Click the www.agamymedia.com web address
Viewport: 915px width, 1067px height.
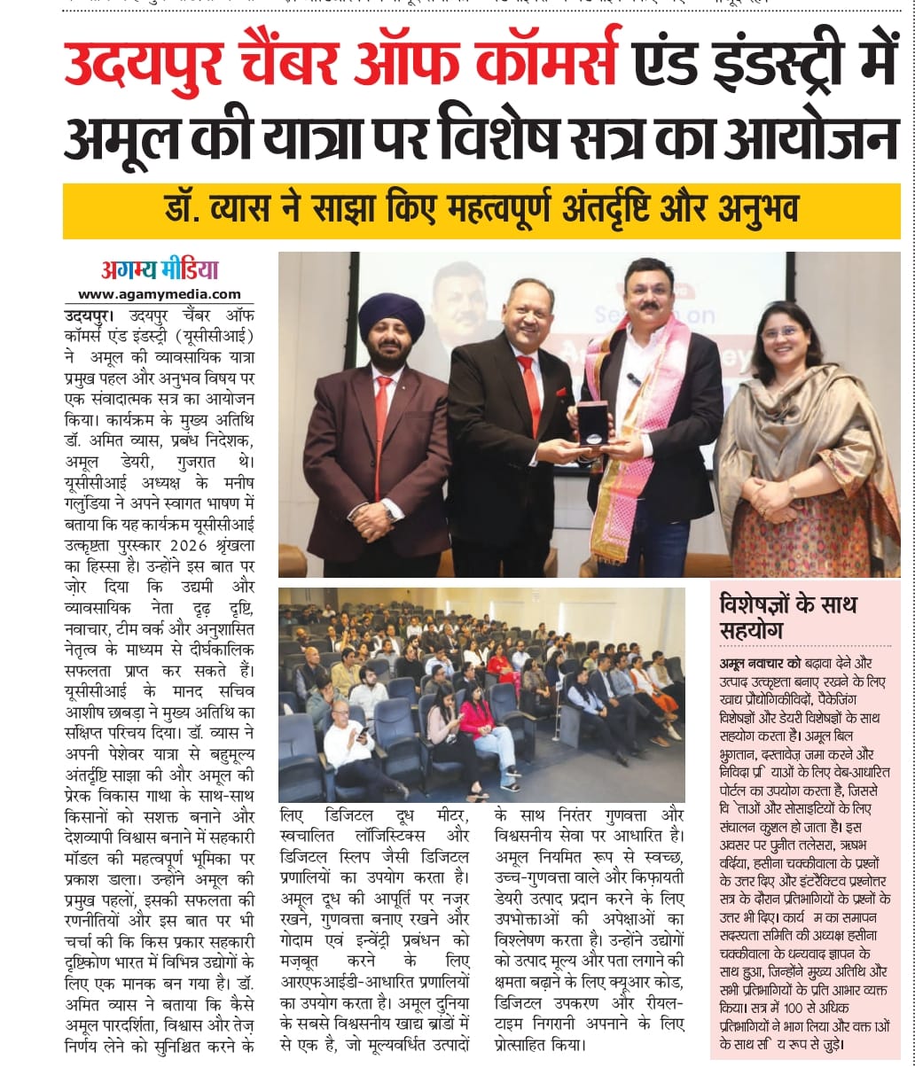pos(160,294)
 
